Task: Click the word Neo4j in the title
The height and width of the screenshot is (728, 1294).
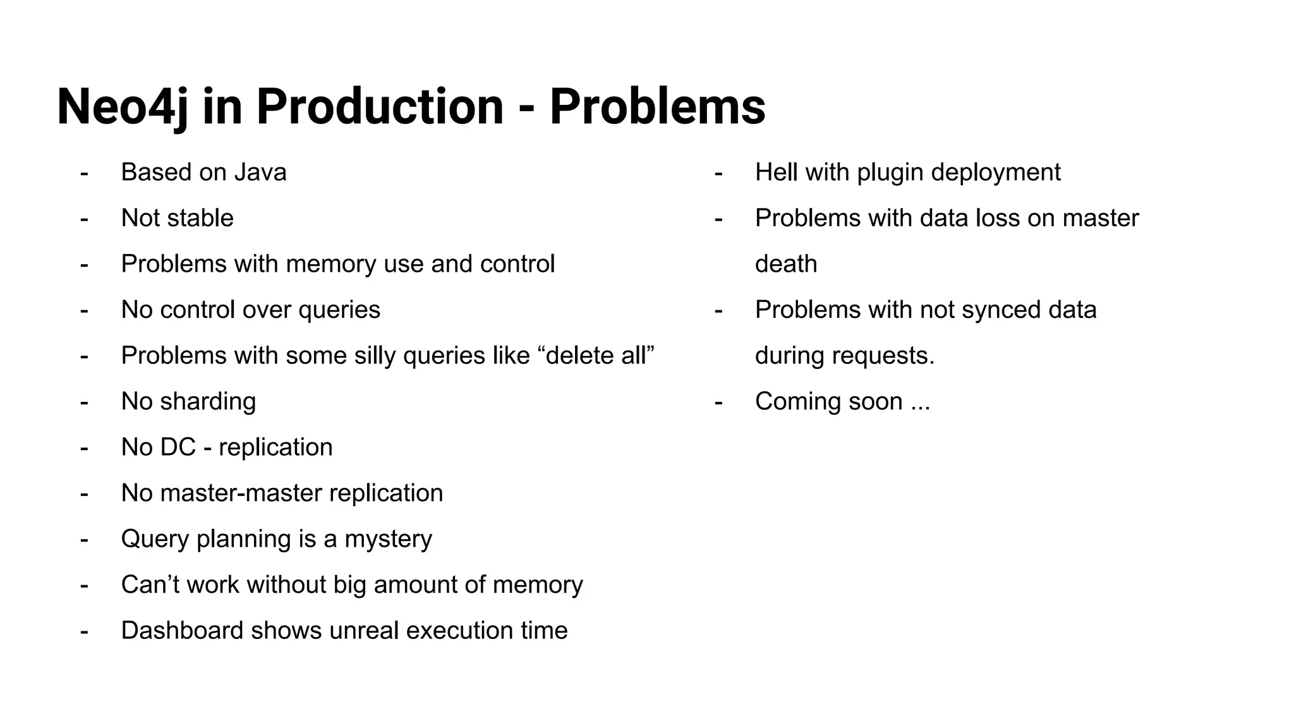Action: [123, 107]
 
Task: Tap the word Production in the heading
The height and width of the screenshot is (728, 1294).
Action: [380, 107]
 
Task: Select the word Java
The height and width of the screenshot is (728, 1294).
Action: [260, 173]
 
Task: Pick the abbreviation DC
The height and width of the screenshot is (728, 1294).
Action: [178, 447]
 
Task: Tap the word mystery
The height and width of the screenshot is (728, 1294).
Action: [388, 539]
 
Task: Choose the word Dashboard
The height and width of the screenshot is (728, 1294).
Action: [182, 631]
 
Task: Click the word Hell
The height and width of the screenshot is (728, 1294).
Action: [777, 173]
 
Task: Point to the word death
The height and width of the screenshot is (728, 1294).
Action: [786, 264]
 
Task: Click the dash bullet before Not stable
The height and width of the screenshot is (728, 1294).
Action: [84, 219]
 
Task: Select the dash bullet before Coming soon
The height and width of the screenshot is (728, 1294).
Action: [718, 402]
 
